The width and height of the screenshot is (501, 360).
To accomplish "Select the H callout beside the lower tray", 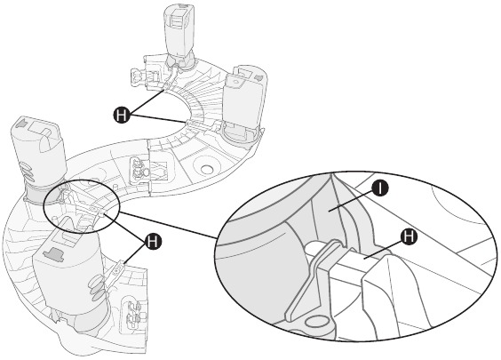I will [153, 239].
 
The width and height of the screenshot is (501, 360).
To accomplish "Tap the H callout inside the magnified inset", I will [409, 236].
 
